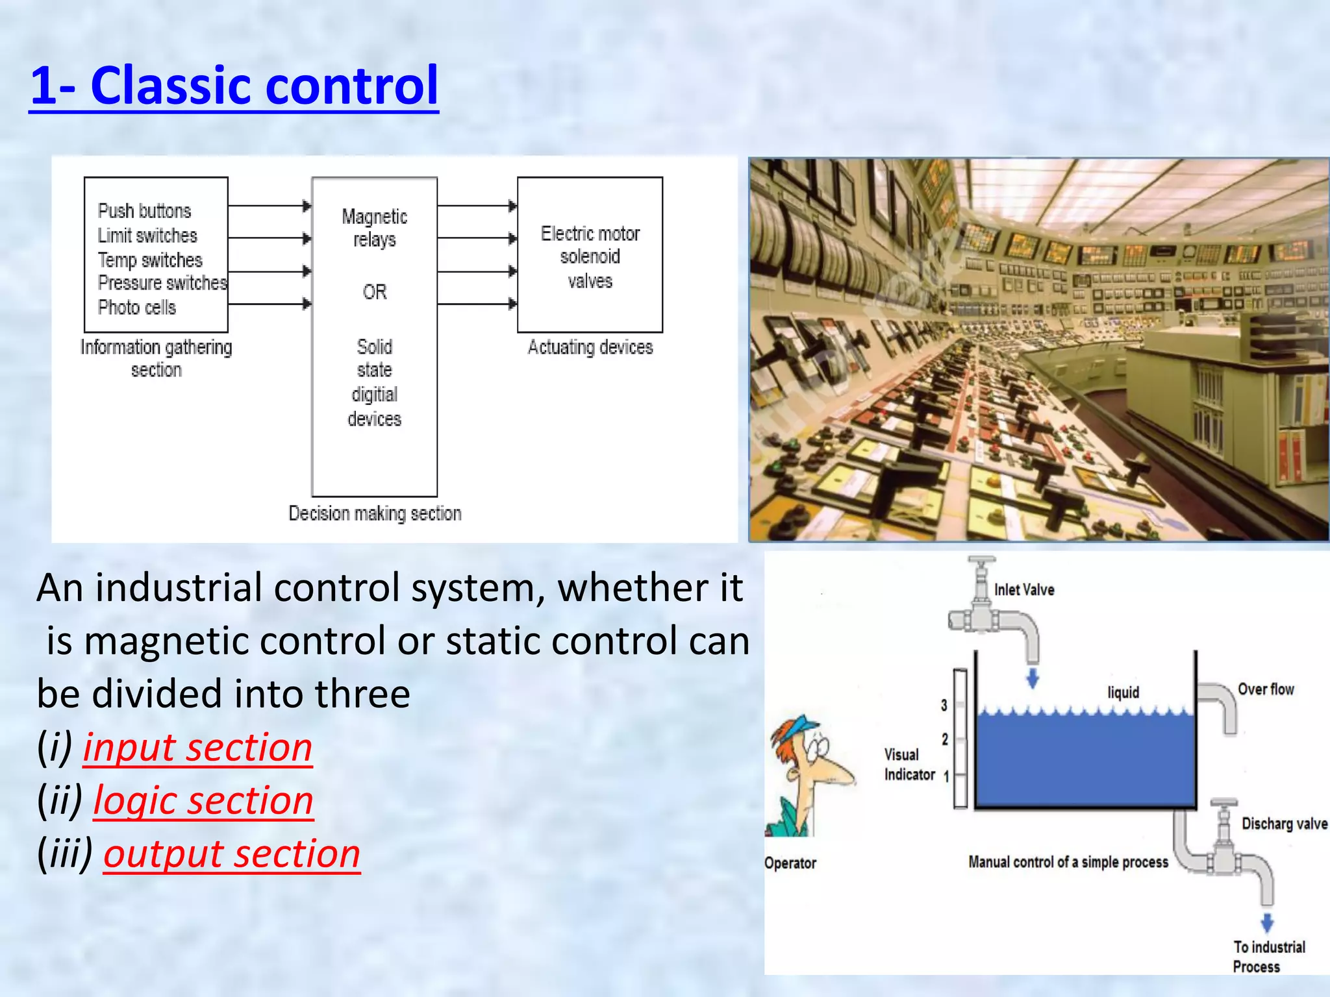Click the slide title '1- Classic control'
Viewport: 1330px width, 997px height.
234,86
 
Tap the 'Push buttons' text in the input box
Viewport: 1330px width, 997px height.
144,211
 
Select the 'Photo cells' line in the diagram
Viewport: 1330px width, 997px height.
136,307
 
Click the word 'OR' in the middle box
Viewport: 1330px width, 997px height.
375,292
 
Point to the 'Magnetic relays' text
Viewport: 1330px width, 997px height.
375,228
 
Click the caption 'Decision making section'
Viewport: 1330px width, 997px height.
375,513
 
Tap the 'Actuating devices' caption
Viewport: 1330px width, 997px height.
590,347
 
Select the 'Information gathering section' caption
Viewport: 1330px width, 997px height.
156,358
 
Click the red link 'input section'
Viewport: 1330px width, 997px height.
197,747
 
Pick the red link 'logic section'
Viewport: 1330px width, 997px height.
203,800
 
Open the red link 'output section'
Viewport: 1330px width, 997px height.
232,854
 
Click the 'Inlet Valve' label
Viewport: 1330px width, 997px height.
1024,590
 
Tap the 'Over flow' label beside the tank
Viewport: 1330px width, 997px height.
1266,689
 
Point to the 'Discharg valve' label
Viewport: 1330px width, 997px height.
1284,824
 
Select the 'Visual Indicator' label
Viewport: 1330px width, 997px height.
908,765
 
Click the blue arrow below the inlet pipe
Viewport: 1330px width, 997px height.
1033,679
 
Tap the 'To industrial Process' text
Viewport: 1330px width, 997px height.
1268,957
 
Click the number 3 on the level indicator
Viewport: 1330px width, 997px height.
944,705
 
